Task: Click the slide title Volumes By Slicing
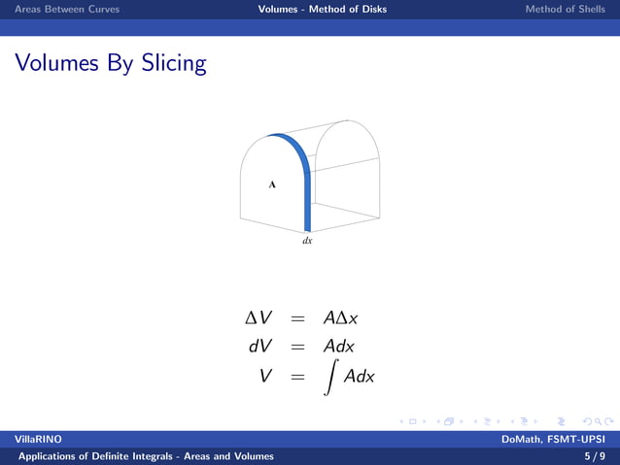click(x=110, y=64)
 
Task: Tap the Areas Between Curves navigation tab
click(x=60, y=9)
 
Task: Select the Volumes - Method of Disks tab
click(x=322, y=9)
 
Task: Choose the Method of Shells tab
click(x=565, y=9)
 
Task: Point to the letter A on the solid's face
click(x=272, y=183)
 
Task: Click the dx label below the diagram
click(x=307, y=240)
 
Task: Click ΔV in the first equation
click(x=261, y=318)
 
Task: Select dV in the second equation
click(x=260, y=346)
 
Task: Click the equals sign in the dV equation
click(x=298, y=347)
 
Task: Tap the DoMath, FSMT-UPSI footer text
click(x=553, y=440)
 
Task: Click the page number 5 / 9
click(x=595, y=455)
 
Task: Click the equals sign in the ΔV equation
click(x=298, y=319)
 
